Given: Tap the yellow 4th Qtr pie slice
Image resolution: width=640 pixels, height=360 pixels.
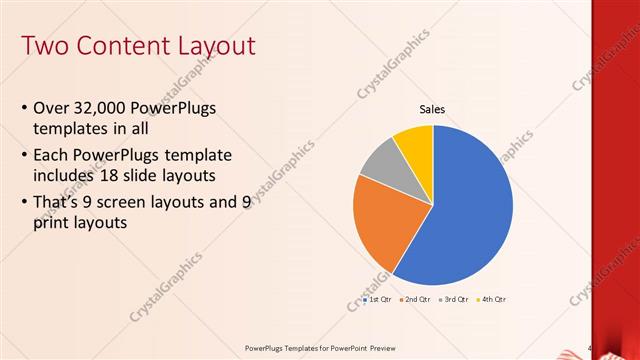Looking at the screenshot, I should (x=414, y=142).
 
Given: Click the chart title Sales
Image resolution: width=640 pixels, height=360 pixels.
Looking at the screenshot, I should (x=432, y=109).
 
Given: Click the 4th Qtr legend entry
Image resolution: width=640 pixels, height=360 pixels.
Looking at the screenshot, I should (x=492, y=299).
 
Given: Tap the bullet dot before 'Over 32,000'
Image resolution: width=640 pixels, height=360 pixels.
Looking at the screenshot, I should (x=24, y=108).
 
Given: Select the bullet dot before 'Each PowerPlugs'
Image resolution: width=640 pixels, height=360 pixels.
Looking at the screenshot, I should (x=24, y=155).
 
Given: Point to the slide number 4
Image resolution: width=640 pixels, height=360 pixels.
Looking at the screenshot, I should (x=590, y=348).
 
